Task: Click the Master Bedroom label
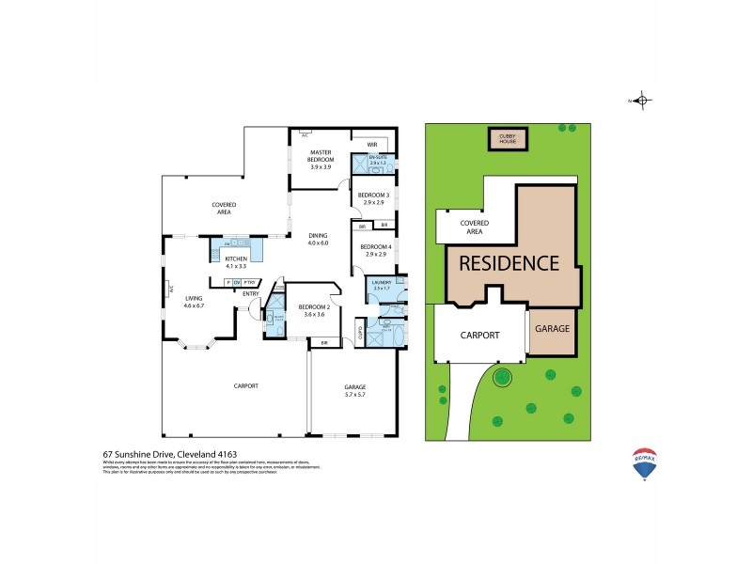click(321, 161)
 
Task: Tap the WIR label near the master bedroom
click(372, 145)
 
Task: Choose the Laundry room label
click(382, 285)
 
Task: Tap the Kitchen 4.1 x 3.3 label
click(236, 261)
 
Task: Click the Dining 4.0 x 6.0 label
click(319, 240)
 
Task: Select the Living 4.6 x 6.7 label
click(194, 304)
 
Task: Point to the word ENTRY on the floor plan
click(250, 294)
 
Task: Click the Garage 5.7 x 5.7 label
click(354, 390)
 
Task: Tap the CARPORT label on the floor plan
click(245, 385)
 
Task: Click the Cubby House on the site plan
click(508, 140)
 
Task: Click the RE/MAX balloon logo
click(644, 464)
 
